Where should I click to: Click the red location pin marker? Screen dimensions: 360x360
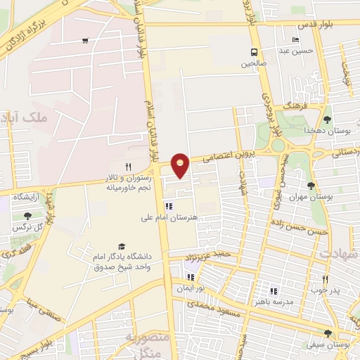click(181, 165)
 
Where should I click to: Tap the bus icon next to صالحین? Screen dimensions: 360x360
click(254, 52)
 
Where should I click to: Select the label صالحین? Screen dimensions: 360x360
click(254, 63)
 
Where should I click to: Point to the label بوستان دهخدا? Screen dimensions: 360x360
click(326, 131)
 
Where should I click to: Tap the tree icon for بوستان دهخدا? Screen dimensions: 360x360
click(326, 120)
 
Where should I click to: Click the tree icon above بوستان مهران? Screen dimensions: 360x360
click(311, 186)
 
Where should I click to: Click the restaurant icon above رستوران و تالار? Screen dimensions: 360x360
click(128, 167)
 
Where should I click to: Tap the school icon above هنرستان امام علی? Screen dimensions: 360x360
click(168, 206)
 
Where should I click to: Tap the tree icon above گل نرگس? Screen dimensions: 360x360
click(27, 216)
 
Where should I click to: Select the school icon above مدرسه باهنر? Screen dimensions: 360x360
click(274, 290)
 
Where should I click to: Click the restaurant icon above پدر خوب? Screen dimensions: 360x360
click(325, 278)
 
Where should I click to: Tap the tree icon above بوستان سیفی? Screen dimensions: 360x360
click(328, 333)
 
